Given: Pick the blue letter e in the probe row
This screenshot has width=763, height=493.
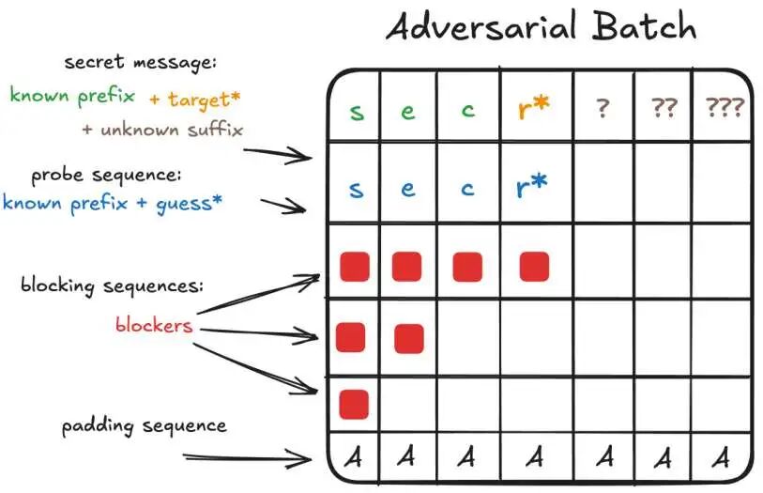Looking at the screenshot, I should tap(407, 189).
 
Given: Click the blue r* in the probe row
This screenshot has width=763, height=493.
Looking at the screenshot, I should tap(532, 188).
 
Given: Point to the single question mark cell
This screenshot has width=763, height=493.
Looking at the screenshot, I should tap(603, 108).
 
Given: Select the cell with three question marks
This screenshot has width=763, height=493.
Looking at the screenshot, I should tap(724, 108).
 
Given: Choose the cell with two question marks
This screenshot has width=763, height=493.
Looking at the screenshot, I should tap(664, 108).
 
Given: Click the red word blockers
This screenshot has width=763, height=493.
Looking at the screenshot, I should tap(154, 325).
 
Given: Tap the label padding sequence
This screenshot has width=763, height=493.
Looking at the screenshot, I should tap(145, 426).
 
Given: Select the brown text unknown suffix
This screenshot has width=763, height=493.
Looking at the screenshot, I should tap(169, 129).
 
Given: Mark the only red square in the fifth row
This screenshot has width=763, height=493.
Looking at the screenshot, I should tap(353, 404).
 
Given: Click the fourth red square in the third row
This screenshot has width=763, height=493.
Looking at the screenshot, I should tap(533, 267).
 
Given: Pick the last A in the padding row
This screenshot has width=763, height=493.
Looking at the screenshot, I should tap(722, 457).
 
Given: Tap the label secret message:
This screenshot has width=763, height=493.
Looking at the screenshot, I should tap(141, 63).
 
